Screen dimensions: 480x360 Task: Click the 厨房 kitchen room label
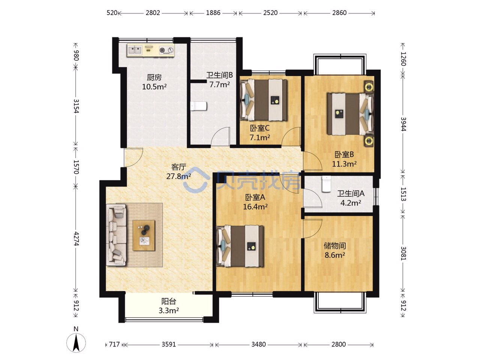point(154,77)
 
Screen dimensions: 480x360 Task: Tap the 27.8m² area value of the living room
point(178,176)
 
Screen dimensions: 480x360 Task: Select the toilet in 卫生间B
point(198,106)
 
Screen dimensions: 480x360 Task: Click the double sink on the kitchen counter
point(135,50)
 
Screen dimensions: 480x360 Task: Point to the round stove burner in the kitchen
point(162,50)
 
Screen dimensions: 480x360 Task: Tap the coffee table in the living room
point(144,235)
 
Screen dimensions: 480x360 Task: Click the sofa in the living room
point(116,235)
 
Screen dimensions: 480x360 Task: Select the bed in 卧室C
point(264,100)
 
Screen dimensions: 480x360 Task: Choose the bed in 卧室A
point(240,246)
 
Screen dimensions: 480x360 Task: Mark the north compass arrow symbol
point(76,343)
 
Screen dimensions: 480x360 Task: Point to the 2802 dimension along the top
point(153,13)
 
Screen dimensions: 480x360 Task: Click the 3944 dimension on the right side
point(403,124)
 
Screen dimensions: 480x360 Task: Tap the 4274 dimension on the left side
point(76,238)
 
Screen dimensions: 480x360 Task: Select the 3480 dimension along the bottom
point(258,345)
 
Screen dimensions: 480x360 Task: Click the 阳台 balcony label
point(169,301)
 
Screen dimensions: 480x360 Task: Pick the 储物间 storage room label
point(335,246)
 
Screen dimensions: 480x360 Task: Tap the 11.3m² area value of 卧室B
point(344,164)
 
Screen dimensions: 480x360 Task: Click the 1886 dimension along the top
point(213,13)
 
